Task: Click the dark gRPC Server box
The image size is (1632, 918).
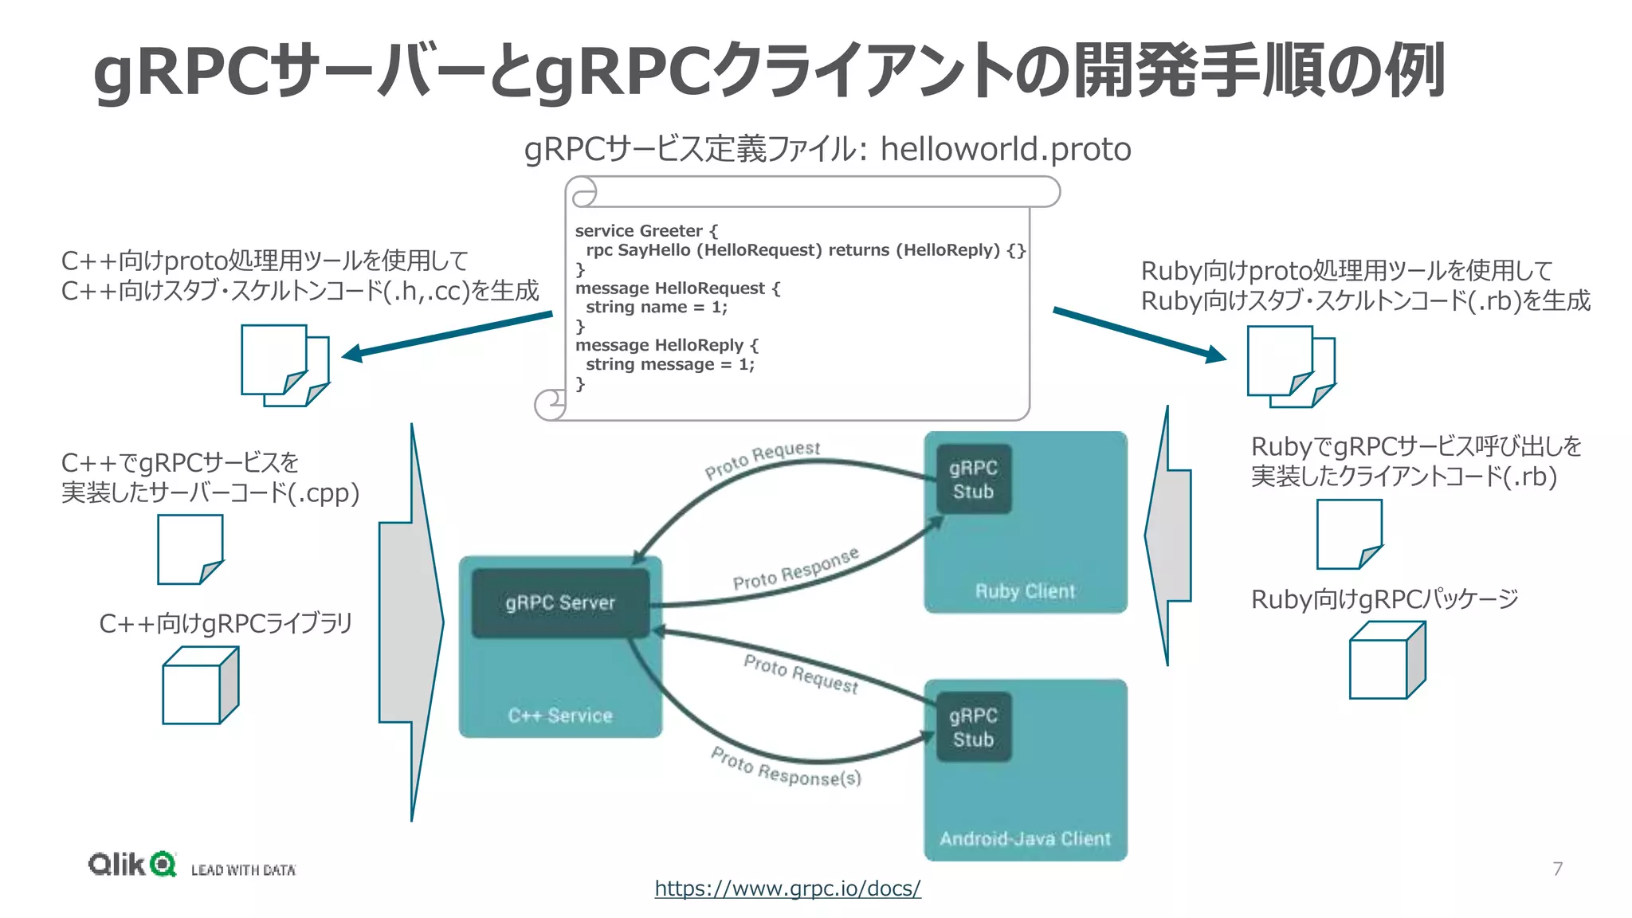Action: tap(560, 602)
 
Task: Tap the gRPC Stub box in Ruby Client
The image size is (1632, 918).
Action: tap(973, 479)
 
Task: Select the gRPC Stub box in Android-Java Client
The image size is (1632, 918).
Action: tap(973, 727)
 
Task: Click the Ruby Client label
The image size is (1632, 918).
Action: tap(1025, 591)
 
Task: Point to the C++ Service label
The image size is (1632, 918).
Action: tap(560, 716)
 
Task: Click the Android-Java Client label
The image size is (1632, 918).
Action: tap(1025, 838)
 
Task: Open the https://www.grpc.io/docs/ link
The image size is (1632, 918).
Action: tap(787, 888)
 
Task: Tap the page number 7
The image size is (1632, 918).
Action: tap(1557, 869)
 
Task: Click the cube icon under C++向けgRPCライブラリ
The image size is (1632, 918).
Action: tap(199, 685)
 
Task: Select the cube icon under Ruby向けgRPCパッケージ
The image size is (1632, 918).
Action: tap(1387, 661)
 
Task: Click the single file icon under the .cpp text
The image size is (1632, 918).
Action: tap(190, 549)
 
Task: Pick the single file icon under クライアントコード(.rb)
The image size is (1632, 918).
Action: tap(1348, 534)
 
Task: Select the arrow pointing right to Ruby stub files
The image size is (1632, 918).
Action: tap(1140, 335)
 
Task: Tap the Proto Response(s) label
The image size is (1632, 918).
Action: tap(786, 767)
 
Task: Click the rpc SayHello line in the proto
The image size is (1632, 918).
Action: tap(805, 250)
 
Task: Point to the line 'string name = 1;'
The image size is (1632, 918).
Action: tap(656, 308)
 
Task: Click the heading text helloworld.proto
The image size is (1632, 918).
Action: tap(1006, 150)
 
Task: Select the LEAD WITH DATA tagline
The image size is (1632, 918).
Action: tap(243, 870)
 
